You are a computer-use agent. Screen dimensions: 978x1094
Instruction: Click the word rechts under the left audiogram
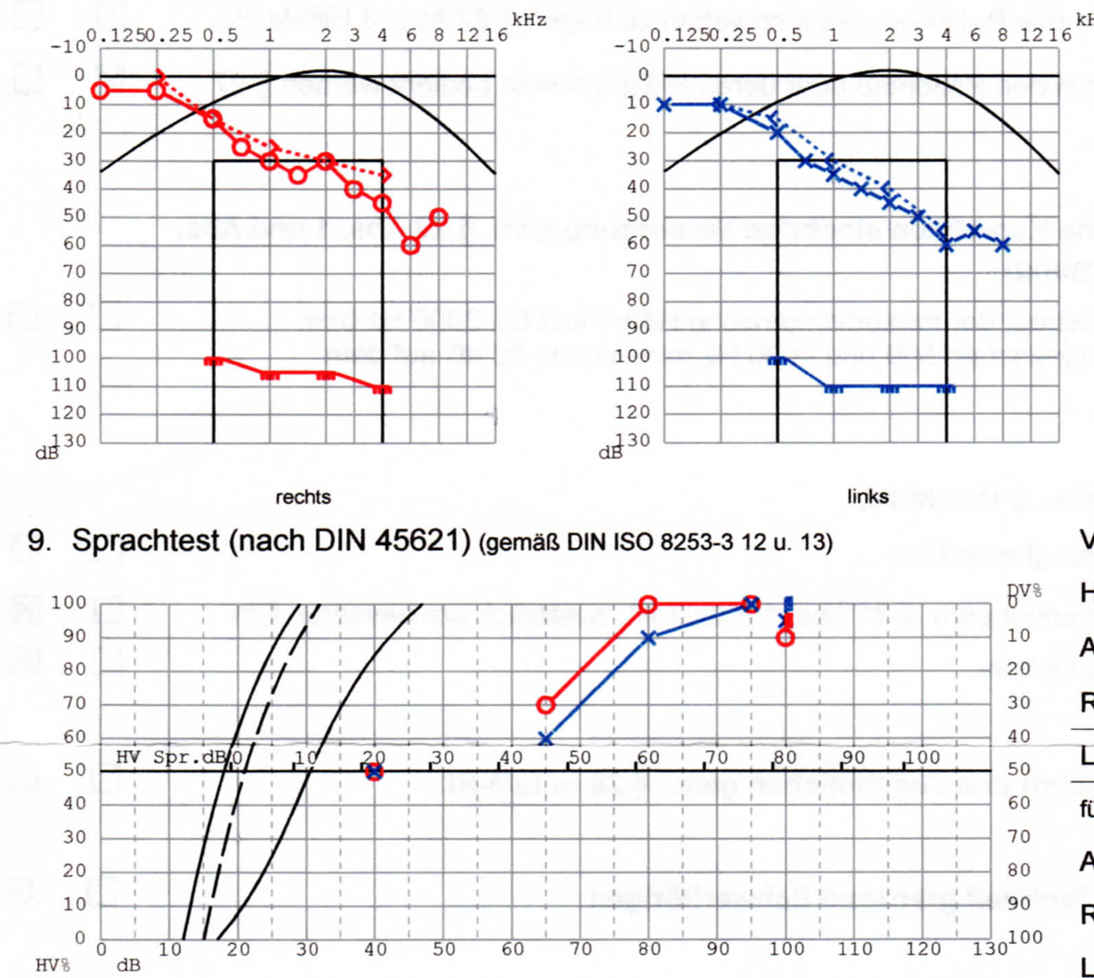tap(303, 497)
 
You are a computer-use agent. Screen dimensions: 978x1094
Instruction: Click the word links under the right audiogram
tap(867, 497)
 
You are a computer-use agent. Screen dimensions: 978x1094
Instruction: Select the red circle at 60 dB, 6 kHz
tap(410, 245)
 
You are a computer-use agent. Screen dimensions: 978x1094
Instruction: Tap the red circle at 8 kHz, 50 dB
tap(439, 218)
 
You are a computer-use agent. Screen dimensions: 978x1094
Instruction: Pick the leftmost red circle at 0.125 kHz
tap(100, 90)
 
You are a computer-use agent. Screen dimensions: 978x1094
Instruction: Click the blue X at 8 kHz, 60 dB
tap(1002, 245)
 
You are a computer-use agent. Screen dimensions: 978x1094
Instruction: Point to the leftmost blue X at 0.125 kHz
tap(663, 105)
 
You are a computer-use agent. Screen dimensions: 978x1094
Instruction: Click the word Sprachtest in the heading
tap(149, 541)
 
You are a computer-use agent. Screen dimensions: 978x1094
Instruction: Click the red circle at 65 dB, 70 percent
tap(546, 706)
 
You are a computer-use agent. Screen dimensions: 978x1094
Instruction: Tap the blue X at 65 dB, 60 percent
tap(546, 740)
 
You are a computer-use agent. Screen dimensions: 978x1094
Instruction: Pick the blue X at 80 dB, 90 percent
tap(648, 638)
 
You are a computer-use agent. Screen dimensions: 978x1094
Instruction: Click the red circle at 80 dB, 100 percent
tap(648, 605)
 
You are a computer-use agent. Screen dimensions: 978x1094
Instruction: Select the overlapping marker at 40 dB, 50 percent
tap(374, 771)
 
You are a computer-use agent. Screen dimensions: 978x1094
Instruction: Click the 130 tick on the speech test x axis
tap(990, 949)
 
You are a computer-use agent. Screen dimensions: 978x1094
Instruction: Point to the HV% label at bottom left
tap(53, 966)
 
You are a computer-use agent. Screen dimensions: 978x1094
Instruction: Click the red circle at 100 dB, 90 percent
tap(786, 638)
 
